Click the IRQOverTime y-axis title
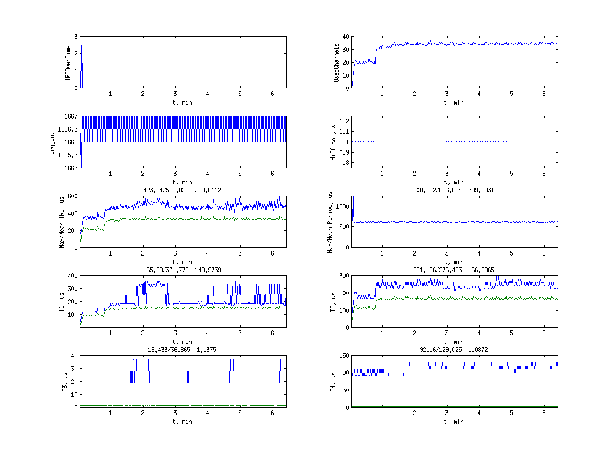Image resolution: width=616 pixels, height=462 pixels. [68, 63]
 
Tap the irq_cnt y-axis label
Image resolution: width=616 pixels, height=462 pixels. [53, 142]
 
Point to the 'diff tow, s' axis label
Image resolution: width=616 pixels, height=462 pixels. [334, 142]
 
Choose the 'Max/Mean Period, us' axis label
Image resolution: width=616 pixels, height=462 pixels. [329, 222]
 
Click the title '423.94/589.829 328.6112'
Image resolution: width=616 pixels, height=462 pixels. [183, 190]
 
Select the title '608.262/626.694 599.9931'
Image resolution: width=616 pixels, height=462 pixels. [455, 190]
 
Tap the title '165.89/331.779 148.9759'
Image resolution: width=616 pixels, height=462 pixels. [183, 270]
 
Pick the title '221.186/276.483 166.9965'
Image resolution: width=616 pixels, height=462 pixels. [455, 270]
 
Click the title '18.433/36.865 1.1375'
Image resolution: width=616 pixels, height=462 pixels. [183, 350]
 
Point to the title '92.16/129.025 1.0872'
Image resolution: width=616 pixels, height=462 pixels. [455, 350]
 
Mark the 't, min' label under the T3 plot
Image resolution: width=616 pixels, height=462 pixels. [183, 422]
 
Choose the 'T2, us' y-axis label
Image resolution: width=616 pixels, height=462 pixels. [334, 302]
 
